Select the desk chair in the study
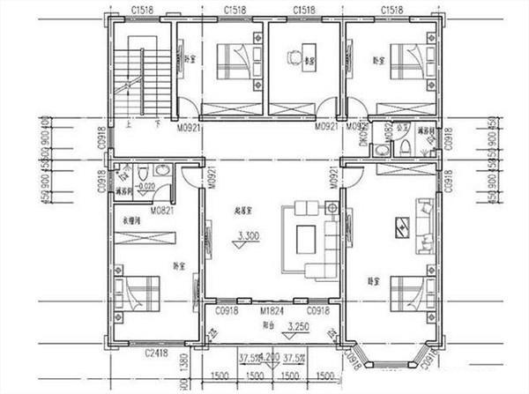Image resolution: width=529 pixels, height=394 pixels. [x=294, y=56]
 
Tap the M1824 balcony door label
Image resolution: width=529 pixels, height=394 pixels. [x=271, y=312]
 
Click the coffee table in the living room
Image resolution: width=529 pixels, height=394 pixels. [x=307, y=239]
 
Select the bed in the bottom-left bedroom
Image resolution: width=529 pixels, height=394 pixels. [x=138, y=294]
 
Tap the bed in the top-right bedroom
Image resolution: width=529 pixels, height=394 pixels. [x=410, y=62]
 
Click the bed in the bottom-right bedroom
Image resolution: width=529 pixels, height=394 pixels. [x=410, y=294]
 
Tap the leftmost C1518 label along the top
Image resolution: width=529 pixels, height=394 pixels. [x=140, y=9]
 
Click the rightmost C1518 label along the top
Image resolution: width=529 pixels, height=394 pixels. [x=393, y=9]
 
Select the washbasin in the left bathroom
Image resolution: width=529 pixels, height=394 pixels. [x=161, y=171]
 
